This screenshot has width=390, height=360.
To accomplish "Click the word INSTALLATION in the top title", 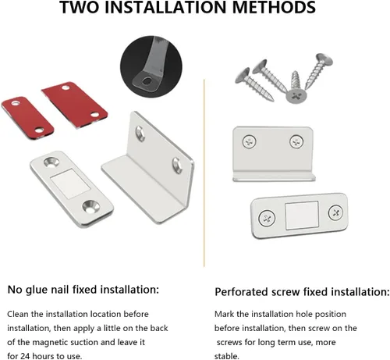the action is pyautogui.click(x=165, y=7).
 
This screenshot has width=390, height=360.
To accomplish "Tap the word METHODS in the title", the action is pyautogui.click(x=274, y=7).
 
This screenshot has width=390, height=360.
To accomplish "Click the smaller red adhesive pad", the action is pyautogui.click(x=27, y=118).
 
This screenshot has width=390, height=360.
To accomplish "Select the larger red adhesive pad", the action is pyautogui.click(x=75, y=105).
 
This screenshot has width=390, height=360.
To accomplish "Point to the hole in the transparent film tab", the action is pyautogui.click(x=147, y=81).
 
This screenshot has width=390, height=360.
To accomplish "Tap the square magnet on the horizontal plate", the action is pyautogui.click(x=302, y=216).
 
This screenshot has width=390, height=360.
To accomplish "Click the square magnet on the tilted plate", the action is pyautogui.click(x=70, y=184).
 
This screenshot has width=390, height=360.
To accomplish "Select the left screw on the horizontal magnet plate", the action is pyautogui.click(x=267, y=218).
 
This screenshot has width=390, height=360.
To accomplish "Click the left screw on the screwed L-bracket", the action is pyautogui.click(x=250, y=142).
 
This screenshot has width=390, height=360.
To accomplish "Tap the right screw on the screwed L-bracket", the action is pyautogui.click(x=296, y=141).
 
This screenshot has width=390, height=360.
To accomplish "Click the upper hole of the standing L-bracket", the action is pyautogui.click(x=140, y=134).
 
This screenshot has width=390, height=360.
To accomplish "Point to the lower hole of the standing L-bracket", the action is pyautogui.click(x=177, y=166).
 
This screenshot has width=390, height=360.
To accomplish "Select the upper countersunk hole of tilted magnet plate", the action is pyautogui.click(x=51, y=162).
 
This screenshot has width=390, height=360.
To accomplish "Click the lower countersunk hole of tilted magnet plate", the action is pyautogui.click(x=91, y=207).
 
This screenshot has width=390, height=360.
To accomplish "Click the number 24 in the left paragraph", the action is pyautogui.click(x=26, y=356).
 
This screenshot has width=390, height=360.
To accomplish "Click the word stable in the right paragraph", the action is pyautogui.click(x=226, y=356).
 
